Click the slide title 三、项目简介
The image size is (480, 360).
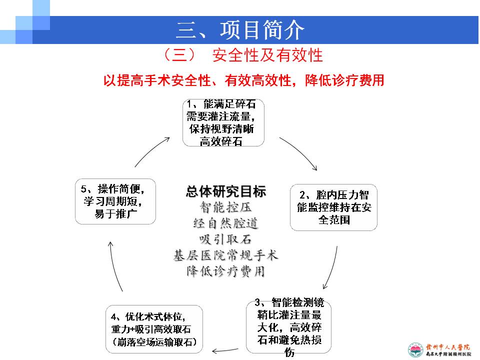240,30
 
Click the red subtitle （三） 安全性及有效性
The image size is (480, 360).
243,55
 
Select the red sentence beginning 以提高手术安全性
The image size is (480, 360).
243,80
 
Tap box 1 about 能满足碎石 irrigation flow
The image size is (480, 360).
223,123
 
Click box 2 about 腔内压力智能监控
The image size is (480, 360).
333,207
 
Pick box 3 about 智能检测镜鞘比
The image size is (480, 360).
289,327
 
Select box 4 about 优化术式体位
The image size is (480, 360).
154,329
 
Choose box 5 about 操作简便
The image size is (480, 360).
115,201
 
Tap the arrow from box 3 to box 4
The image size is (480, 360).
225,350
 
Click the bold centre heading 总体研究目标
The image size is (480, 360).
226,191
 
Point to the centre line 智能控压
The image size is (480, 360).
225,207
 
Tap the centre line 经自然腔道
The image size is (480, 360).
225,223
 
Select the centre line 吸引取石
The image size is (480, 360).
225,239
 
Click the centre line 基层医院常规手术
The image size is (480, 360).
226,255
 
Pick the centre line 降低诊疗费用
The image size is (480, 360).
226,271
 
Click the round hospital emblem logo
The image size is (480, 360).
415,350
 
